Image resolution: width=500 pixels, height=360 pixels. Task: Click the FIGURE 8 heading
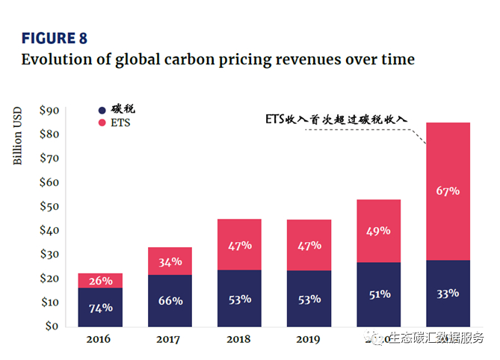[60, 38]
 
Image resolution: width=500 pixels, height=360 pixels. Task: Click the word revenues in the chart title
[309, 59]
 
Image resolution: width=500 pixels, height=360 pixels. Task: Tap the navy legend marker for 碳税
[102, 108]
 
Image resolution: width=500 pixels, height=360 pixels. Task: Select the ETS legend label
[120, 122]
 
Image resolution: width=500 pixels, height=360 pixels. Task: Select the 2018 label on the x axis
[239, 341]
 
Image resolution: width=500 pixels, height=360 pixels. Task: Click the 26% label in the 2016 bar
[100, 281]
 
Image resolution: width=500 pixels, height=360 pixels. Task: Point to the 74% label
[100, 308]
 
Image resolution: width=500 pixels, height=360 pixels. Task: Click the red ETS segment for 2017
[170, 261]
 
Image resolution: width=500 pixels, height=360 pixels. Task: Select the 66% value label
[170, 300]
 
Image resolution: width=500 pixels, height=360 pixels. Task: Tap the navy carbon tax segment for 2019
[309, 299]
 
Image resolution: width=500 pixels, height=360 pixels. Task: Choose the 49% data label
[378, 231]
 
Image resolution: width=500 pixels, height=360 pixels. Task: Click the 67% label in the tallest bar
[447, 190]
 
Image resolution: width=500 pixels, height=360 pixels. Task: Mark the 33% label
[447, 294]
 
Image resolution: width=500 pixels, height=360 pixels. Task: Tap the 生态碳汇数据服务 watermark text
[438, 338]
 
